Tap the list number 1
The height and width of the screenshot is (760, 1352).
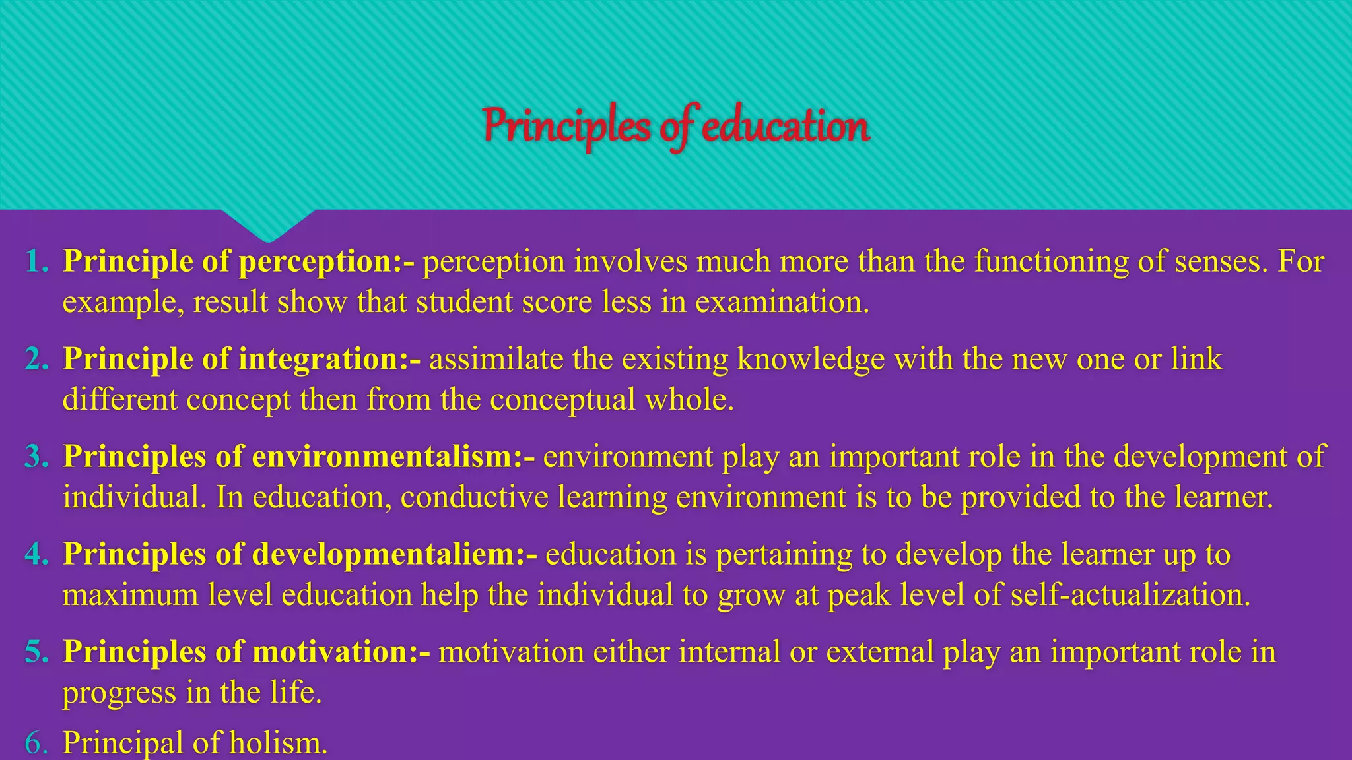pos(37,262)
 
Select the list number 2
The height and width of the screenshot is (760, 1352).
pos(37,360)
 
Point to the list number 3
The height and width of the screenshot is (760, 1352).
pos(37,457)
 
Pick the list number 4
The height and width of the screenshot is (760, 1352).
pos(37,555)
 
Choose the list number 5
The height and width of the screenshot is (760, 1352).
pos(37,652)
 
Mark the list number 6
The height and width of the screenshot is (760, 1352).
pos(37,744)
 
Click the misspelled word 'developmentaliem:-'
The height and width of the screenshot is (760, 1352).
pos(395,555)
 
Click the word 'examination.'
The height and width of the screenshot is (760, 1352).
pos(782,303)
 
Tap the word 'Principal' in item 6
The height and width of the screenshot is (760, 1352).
pos(123,744)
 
